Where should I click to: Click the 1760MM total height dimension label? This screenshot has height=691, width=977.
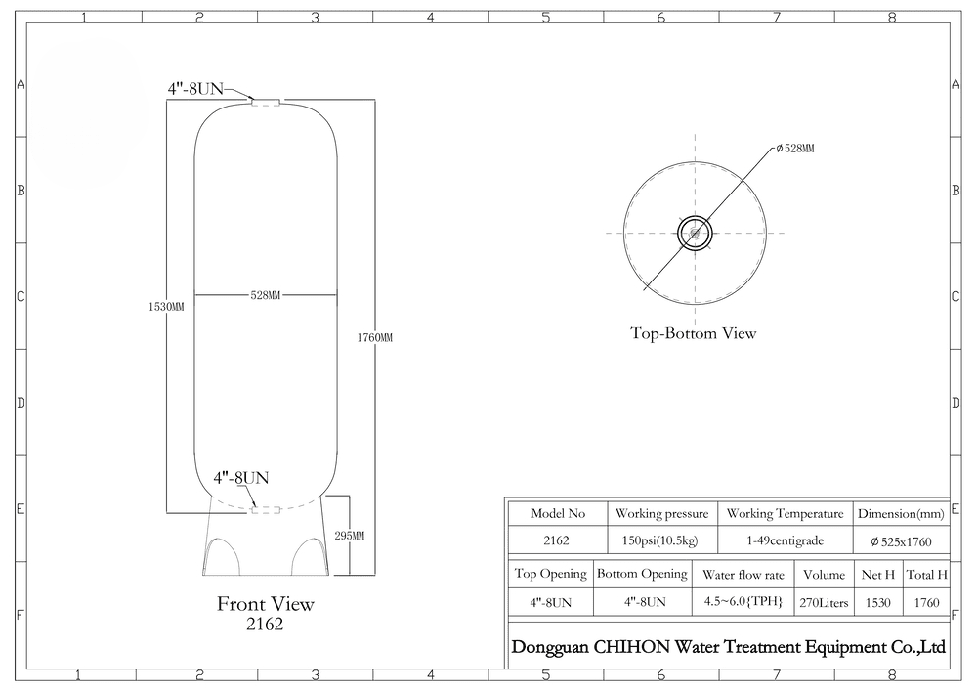374,338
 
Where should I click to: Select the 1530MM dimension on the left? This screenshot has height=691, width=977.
166,307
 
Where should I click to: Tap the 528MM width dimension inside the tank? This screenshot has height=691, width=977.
266,295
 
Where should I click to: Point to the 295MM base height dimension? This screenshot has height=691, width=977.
349,536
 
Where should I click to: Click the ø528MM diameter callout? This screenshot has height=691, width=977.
795,149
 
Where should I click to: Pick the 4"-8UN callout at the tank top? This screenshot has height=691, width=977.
195,89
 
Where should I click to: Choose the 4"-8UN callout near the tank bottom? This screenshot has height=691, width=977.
241,478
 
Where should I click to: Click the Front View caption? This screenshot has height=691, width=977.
266,604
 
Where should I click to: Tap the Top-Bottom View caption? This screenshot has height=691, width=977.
694,333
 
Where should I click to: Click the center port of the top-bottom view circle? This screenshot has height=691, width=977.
695,234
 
